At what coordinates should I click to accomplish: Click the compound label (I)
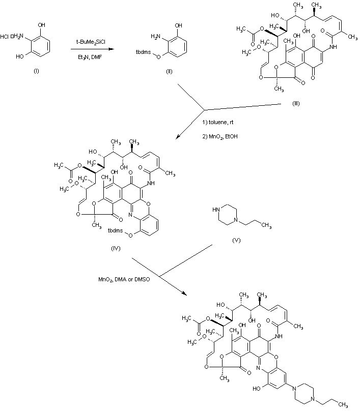pyautogui.click(x=36, y=70)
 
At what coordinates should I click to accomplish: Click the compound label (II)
pyautogui.click(x=169, y=71)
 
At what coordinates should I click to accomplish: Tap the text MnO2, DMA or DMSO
pyautogui.click(x=125, y=279)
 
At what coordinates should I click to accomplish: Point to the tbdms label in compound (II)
pyautogui.click(x=144, y=52)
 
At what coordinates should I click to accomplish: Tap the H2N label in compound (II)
pyautogui.click(x=157, y=36)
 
